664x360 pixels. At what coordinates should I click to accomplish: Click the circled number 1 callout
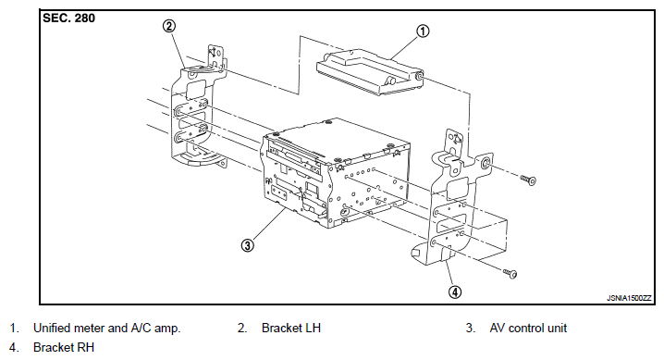click(x=423, y=31)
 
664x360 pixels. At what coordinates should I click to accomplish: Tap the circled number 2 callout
click(x=169, y=26)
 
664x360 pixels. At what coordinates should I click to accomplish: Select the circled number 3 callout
click(x=247, y=245)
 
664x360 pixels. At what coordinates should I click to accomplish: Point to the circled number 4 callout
click(x=455, y=292)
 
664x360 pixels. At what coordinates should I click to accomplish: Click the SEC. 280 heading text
click(x=69, y=19)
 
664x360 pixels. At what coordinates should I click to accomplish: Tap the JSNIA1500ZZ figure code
click(x=629, y=298)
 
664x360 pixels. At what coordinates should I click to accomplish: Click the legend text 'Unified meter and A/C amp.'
click(x=106, y=328)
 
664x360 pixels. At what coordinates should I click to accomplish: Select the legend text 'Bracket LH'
click(x=291, y=328)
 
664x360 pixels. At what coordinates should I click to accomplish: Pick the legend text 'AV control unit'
click(x=528, y=328)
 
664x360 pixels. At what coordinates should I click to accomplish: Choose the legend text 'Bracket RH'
click(x=64, y=347)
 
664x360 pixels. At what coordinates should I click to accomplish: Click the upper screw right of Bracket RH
click(x=528, y=180)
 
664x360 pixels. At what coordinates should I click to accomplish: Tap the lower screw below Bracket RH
click(x=510, y=273)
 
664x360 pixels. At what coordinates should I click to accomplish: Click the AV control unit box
click(x=337, y=171)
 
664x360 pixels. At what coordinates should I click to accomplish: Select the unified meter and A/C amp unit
click(x=371, y=72)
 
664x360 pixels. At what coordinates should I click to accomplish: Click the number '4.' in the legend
click(x=14, y=347)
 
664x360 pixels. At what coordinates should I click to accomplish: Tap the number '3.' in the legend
click(x=471, y=328)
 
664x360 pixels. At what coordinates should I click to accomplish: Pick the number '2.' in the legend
click(x=242, y=328)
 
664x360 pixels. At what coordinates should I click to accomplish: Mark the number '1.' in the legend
click(x=15, y=328)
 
